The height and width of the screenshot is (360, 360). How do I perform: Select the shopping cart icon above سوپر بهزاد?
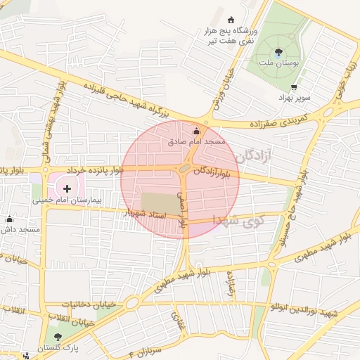(x=293, y=87)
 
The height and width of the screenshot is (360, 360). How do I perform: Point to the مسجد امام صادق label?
(x=197, y=142)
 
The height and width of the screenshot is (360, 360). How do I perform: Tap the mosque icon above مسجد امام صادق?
(x=195, y=130)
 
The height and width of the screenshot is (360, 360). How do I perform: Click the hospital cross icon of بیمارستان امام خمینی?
(x=67, y=188)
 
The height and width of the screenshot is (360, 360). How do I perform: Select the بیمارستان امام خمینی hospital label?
(x=67, y=200)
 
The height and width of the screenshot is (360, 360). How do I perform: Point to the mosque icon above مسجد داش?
(x=8, y=219)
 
